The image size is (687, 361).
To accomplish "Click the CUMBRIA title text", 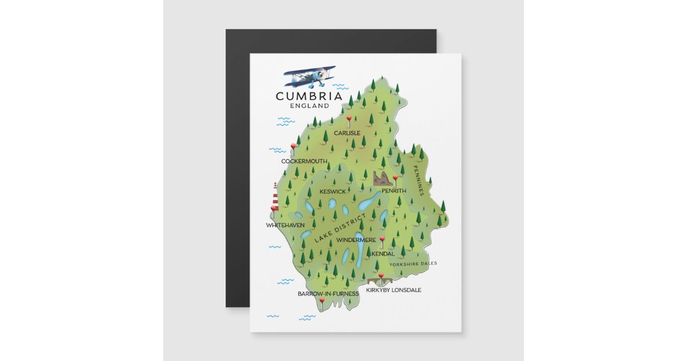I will point(309,96).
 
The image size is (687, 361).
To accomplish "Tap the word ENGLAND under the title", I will point(310,106).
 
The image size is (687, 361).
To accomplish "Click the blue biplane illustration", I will point(310,76).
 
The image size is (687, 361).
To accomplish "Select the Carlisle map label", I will point(348,133).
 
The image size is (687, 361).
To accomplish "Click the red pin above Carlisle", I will point(349,119).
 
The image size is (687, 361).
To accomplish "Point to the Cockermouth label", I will point(304,162).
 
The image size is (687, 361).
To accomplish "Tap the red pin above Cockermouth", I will point(294,147).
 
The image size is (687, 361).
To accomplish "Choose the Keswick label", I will point(333,191).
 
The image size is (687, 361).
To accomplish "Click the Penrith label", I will point(394,191).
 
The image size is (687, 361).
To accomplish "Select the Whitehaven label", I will point(285,225).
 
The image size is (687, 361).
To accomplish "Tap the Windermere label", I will point(356,240).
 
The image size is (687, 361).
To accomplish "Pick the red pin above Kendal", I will point(382,240).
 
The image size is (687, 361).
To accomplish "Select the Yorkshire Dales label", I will point(413,264).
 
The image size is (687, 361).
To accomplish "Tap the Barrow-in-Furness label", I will point(328,293).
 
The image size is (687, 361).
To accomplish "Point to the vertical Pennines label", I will point(418,181).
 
